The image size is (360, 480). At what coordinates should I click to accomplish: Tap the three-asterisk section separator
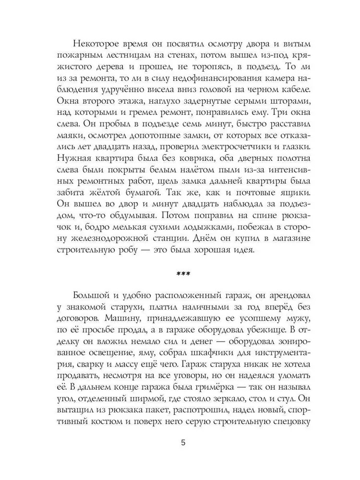pyautogui.click(x=183, y=274)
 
